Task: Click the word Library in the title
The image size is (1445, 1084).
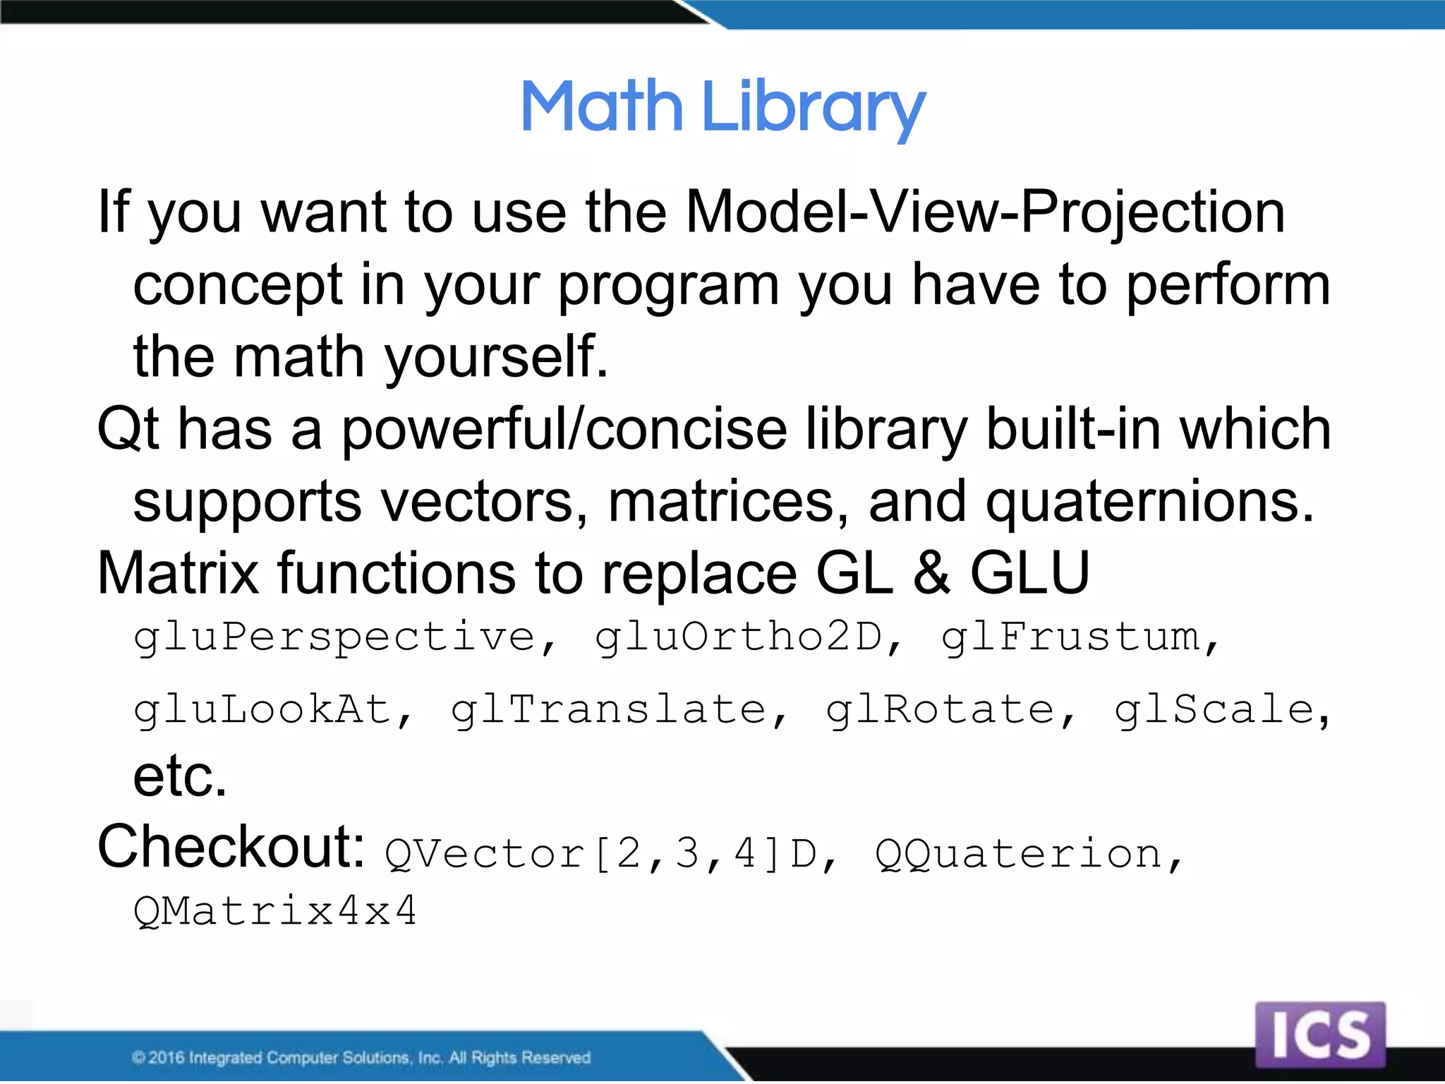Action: pos(813,109)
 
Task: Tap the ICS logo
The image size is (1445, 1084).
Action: pos(1320,1035)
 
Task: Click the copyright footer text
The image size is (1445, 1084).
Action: pos(361,1057)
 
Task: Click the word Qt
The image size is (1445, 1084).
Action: pos(128,429)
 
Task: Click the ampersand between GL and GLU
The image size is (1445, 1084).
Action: pos(932,573)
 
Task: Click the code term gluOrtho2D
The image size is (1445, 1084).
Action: pos(739,637)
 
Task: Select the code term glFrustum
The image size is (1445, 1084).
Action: pos(1072,637)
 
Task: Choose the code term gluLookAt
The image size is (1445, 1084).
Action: pos(263,710)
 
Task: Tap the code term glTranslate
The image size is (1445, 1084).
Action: pos(610,710)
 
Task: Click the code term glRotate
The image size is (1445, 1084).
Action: pos(941,710)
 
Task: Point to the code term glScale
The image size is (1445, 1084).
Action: pos(1214,710)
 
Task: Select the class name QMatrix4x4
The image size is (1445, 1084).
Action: pos(275,911)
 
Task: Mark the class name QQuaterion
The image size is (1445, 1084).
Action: pos(1019,854)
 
